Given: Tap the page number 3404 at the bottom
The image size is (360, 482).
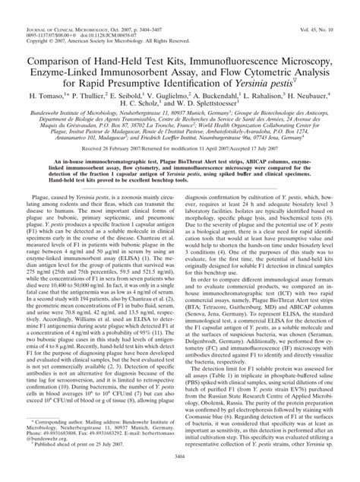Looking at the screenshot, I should click(180, 471).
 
